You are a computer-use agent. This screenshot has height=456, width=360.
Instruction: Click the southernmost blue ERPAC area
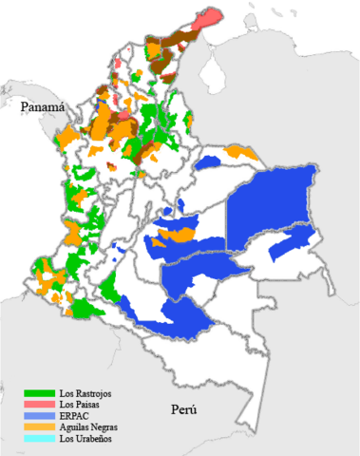click(x=190, y=318)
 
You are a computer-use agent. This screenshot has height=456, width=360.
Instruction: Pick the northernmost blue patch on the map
click(x=231, y=152)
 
